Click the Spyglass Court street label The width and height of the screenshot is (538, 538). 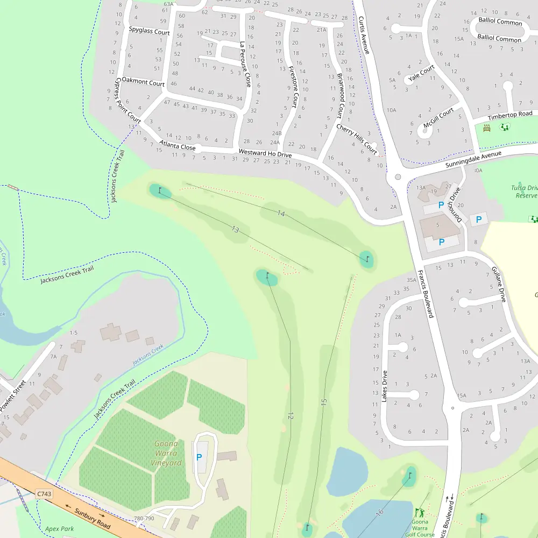(149, 32)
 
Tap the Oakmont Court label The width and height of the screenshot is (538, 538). (143, 83)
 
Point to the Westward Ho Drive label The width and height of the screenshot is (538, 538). (265, 153)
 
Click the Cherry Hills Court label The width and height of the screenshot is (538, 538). (357, 138)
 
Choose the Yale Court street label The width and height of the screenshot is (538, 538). (421, 74)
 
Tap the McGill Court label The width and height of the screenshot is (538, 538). (438, 118)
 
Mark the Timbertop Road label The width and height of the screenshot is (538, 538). (510, 115)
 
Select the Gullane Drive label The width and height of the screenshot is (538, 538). (498, 284)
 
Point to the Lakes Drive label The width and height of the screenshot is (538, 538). (384, 386)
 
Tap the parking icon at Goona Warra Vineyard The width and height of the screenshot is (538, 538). (199, 457)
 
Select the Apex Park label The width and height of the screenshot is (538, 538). (59, 529)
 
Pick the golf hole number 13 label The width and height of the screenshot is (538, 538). (235, 230)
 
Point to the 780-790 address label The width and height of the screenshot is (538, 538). (144, 519)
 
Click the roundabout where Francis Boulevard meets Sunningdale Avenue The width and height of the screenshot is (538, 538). (398, 176)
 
